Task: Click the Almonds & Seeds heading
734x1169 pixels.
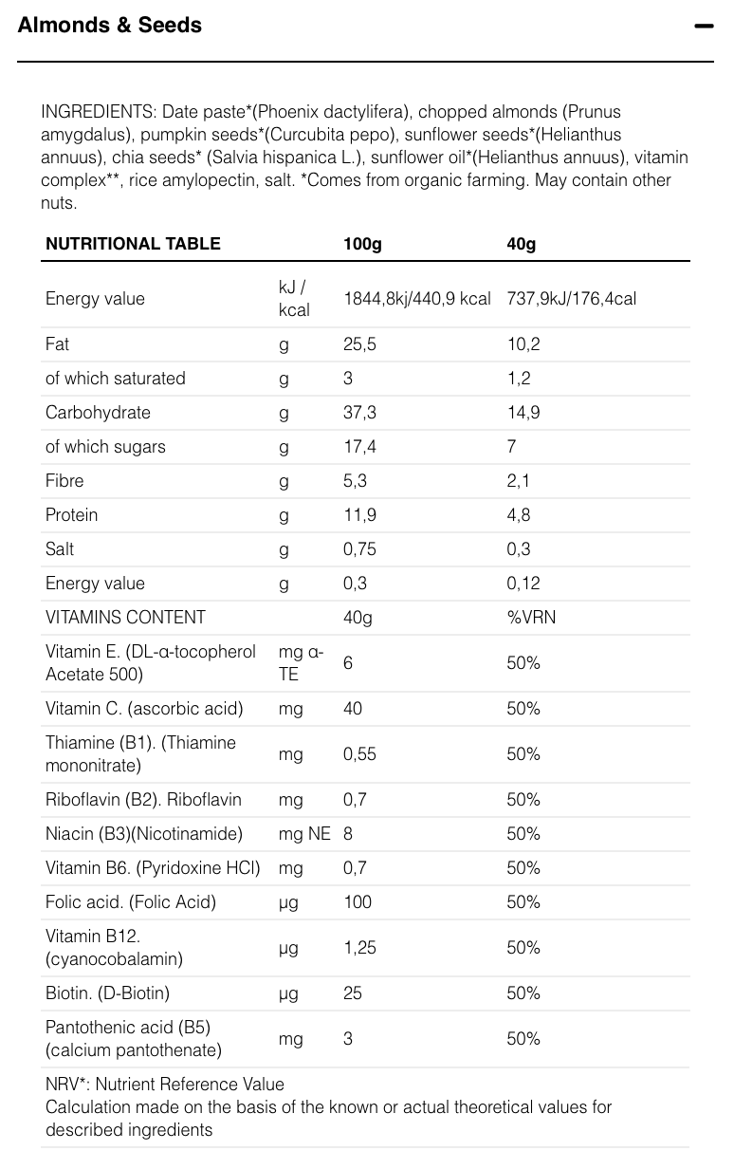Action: point(109,26)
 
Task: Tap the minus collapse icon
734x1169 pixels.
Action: point(703,27)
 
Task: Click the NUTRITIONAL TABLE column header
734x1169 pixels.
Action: point(133,244)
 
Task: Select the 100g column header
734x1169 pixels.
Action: point(362,244)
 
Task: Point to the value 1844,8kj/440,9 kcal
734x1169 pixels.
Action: point(416,299)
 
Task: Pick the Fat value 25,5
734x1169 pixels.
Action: point(359,344)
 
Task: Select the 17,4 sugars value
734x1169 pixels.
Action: point(359,447)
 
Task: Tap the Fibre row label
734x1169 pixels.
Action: point(64,481)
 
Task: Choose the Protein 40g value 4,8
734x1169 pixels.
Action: point(519,515)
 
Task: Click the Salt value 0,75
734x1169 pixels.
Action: point(359,549)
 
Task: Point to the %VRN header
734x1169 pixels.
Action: point(531,618)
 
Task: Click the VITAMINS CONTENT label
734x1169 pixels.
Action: point(125,618)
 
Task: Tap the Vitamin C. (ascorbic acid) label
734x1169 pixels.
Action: point(144,709)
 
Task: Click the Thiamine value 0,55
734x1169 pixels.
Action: point(359,754)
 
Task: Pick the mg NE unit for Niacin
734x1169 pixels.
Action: point(304,834)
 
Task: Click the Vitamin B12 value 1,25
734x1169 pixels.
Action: point(359,948)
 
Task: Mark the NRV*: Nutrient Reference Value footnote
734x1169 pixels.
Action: point(164,1084)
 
